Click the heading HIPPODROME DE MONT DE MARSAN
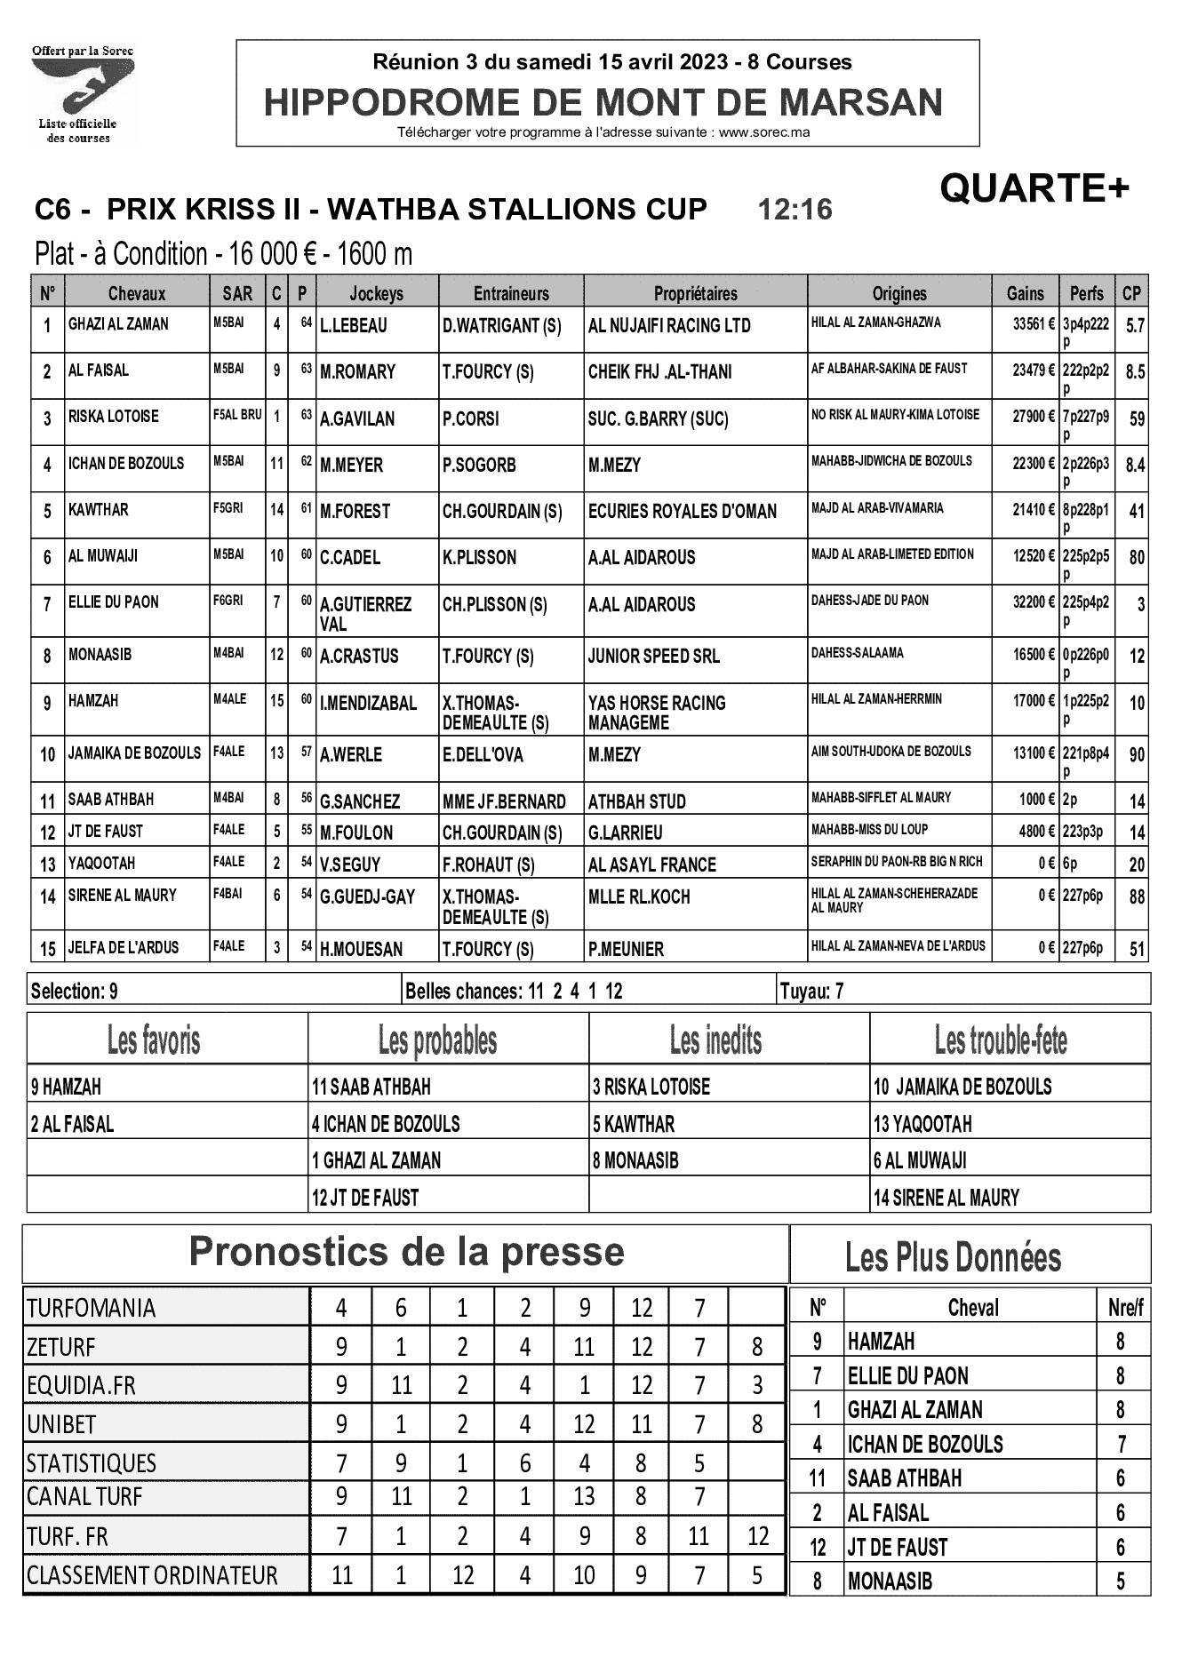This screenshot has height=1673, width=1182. pos(603,103)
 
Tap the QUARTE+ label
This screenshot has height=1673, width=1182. pos(1034,188)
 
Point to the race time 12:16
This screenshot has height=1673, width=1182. pos(795,210)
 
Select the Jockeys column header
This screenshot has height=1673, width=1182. pos(376,293)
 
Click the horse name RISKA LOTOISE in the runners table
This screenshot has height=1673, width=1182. pos(114,416)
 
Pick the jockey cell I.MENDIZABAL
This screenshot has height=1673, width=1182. pos(368,704)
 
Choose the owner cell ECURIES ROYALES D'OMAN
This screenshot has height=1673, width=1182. pos(682,512)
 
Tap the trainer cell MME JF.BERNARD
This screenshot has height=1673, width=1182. pos(504,801)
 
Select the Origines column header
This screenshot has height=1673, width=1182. pos(898,293)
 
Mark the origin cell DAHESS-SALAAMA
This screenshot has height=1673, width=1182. pos(857,653)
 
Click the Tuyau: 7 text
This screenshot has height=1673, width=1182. pos(811,991)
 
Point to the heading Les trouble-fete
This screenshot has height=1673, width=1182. pos(1000,1040)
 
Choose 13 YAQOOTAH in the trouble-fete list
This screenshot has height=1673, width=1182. pos(922,1125)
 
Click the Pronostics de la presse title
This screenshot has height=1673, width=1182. pos(406,1253)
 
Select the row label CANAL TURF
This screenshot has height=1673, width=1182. pos(84,1497)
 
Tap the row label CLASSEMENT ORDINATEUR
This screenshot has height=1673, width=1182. pos(152,1576)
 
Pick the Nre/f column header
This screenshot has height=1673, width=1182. pos(1124,1308)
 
